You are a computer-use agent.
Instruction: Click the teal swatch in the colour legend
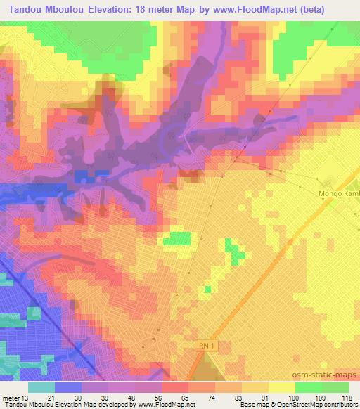click(x=41, y=388)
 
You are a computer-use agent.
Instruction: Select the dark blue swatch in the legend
click(x=68, y=388)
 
